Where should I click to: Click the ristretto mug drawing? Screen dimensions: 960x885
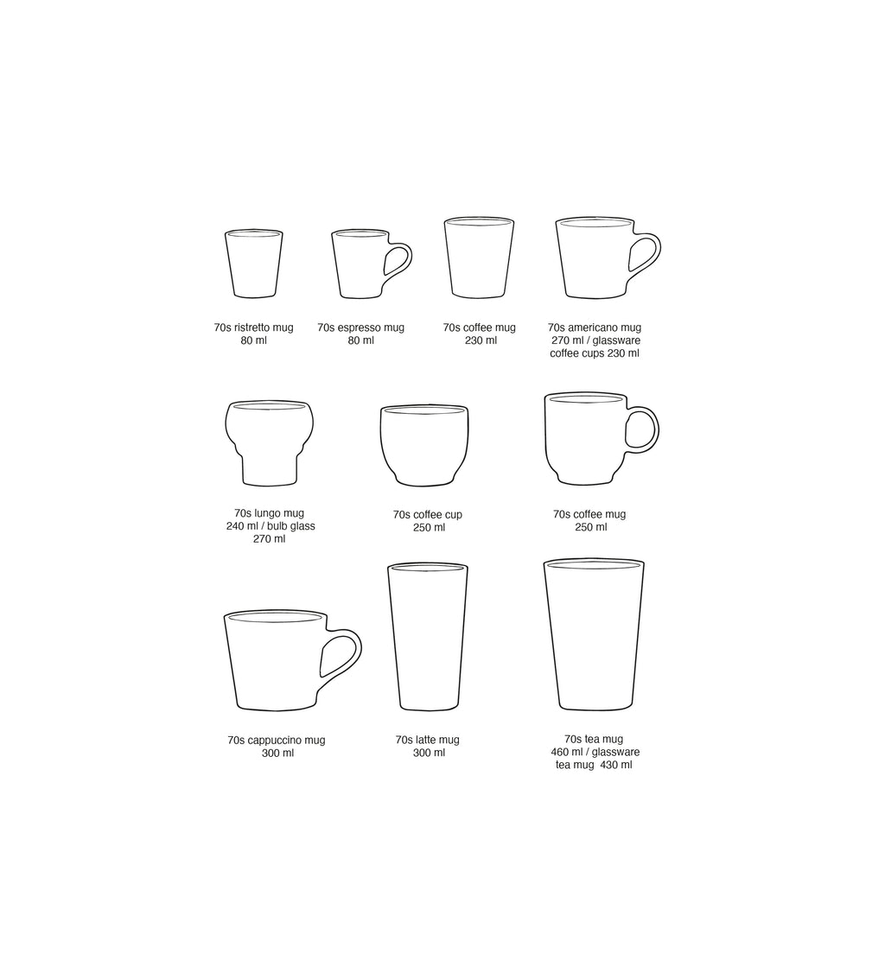(253, 263)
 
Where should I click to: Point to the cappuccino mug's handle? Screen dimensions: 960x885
(349, 653)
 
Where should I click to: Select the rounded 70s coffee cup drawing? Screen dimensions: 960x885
(423, 444)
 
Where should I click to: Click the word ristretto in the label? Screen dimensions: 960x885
(252, 328)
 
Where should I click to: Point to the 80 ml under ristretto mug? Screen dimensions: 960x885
(253, 340)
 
